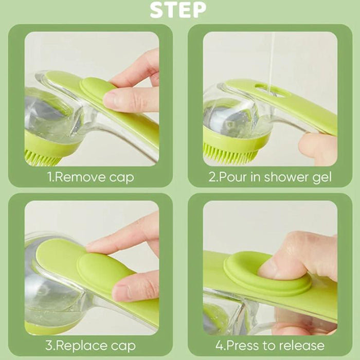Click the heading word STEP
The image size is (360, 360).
click(x=178, y=10)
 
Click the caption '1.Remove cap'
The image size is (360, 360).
click(x=91, y=177)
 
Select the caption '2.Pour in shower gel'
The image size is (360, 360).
click(x=270, y=177)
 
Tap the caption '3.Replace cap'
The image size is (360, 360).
click(x=91, y=345)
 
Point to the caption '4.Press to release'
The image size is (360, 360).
click(x=270, y=345)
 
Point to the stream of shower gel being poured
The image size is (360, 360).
click(x=271, y=57)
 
